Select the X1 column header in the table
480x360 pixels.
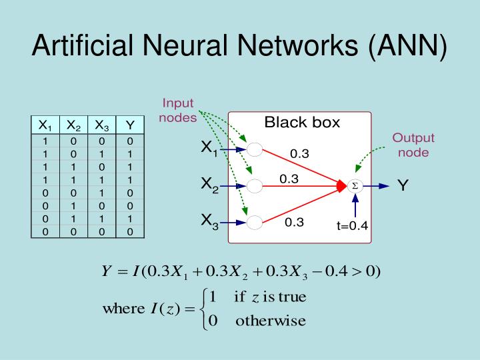tap(45, 125)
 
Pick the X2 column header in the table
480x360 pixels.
tap(73, 125)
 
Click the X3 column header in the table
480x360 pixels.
tap(101, 125)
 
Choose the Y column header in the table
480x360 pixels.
tap(130, 125)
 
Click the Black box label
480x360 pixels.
tap(302, 123)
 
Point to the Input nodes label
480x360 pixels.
tap(179, 111)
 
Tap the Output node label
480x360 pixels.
tap(413, 145)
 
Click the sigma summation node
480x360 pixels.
tap(355, 187)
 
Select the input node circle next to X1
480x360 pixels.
tap(255, 149)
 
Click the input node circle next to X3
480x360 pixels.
tap(255, 221)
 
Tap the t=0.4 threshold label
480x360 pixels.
tap(352, 226)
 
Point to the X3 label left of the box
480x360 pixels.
tap(209, 221)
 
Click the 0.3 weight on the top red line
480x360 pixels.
tap(299, 154)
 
